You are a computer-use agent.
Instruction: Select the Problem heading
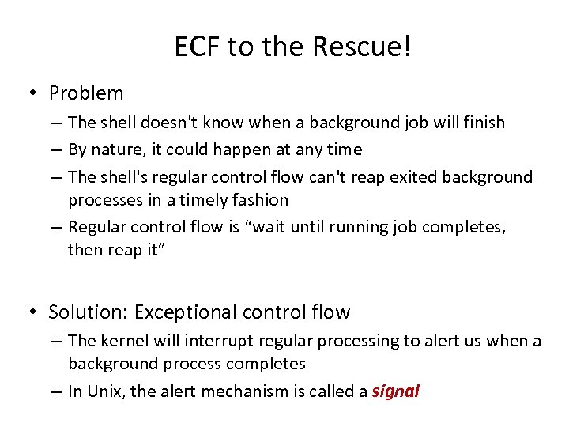[86, 93]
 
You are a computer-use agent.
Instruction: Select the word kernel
[122, 341]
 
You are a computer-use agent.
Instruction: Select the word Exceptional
[184, 312]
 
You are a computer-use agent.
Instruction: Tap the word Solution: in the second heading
[89, 312]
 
